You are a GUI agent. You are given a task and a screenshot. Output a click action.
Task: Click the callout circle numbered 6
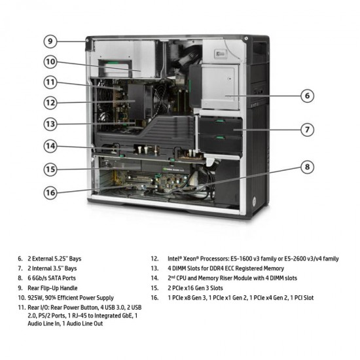[x=307, y=96]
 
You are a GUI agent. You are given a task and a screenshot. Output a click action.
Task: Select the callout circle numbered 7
[x=307, y=129]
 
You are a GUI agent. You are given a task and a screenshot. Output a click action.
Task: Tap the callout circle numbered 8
[x=307, y=166]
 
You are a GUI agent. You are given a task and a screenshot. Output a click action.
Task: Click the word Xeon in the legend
[x=187, y=259]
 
